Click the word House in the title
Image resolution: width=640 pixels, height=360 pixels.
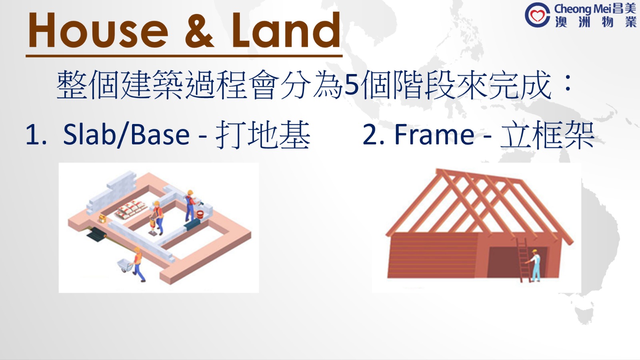(x=98, y=30)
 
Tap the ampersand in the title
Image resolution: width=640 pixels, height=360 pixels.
(x=199, y=30)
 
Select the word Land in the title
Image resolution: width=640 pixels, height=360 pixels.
(x=286, y=30)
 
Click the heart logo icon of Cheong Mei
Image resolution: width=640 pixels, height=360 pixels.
(x=537, y=15)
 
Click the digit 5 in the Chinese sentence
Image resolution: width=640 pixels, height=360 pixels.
(x=351, y=85)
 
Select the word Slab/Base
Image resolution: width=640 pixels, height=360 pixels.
(x=126, y=135)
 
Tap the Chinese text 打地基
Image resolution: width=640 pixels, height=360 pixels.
(x=263, y=135)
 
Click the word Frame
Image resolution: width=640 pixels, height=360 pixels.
(x=434, y=135)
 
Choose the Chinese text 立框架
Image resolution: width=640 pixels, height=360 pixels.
(x=547, y=135)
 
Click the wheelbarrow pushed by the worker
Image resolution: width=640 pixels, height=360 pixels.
(x=125, y=265)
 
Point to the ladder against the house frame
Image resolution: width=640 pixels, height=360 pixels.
(x=523, y=260)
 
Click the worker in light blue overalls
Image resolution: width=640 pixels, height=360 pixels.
(x=535, y=265)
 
